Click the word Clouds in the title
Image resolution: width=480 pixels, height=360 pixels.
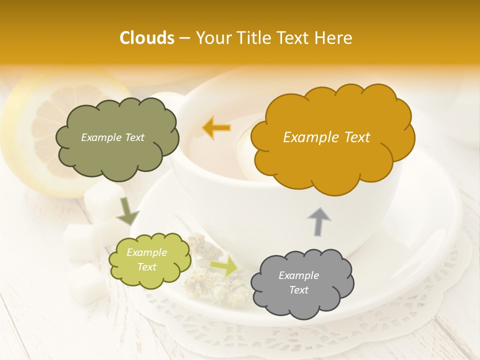[147, 38]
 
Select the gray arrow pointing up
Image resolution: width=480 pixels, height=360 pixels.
[319, 221]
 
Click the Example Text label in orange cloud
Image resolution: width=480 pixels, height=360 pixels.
[326, 137]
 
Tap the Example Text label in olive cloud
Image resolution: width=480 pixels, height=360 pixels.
[112, 137]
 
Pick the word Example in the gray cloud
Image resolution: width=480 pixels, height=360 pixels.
[298, 275]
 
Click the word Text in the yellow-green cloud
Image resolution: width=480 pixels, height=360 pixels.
[146, 267]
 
